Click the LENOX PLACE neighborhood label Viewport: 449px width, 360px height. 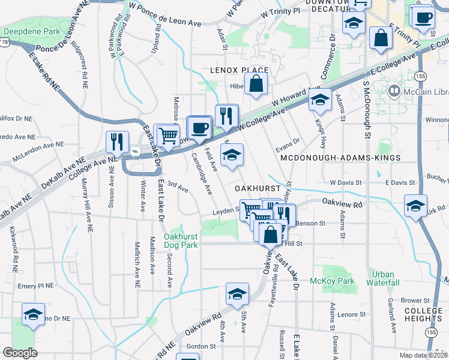pyautogui.click(x=239, y=70)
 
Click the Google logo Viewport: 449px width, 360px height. pyautogui.click(x=20, y=353)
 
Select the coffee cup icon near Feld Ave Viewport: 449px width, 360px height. pyautogui.click(x=199, y=128)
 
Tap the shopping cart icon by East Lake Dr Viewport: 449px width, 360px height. pyautogui.click(x=168, y=136)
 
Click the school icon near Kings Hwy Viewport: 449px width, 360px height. pyautogui.click(x=320, y=100)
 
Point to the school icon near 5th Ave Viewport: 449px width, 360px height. pyautogui.click(x=237, y=294)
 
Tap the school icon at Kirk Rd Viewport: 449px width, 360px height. pyautogui.click(x=415, y=206)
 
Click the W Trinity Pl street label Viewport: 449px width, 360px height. pyautogui.click(x=280, y=12)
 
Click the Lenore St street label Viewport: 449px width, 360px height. pyautogui.click(x=347, y=314)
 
